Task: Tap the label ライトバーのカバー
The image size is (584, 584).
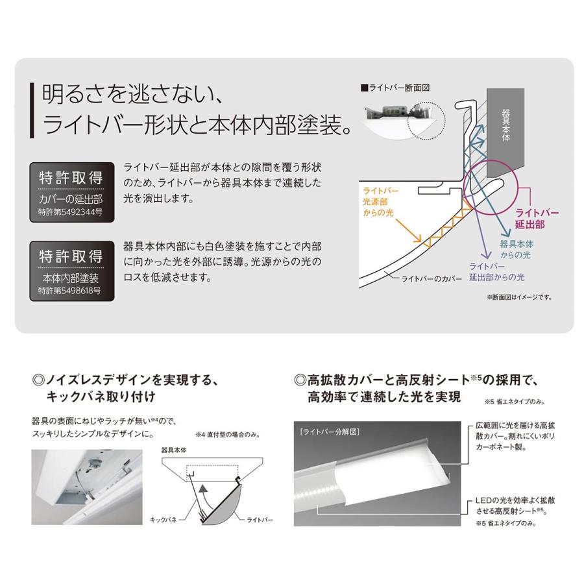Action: click(x=431, y=278)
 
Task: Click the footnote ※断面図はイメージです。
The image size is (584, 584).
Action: click(x=518, y=297)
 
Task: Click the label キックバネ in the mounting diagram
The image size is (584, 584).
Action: click(x=164, y=520)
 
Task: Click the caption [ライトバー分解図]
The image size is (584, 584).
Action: click(x=330, y=431)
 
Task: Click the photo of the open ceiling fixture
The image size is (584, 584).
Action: click(x=88, y=486)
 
